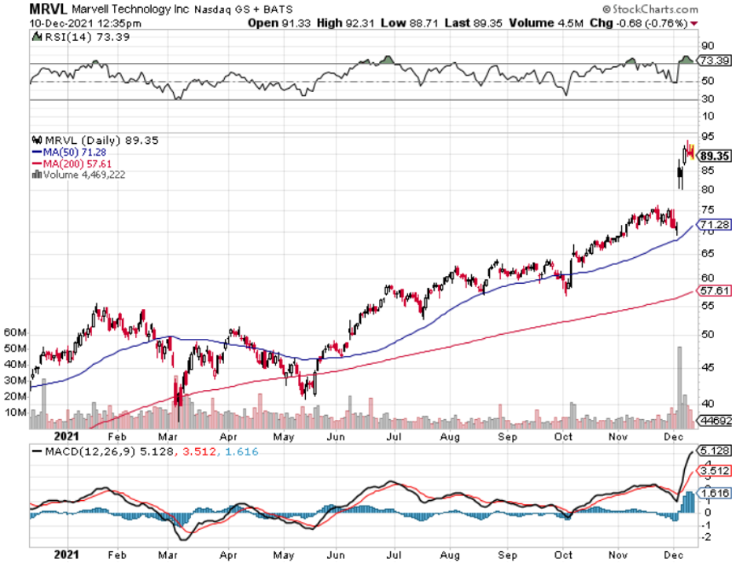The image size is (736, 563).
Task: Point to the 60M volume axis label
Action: (17, 333)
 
